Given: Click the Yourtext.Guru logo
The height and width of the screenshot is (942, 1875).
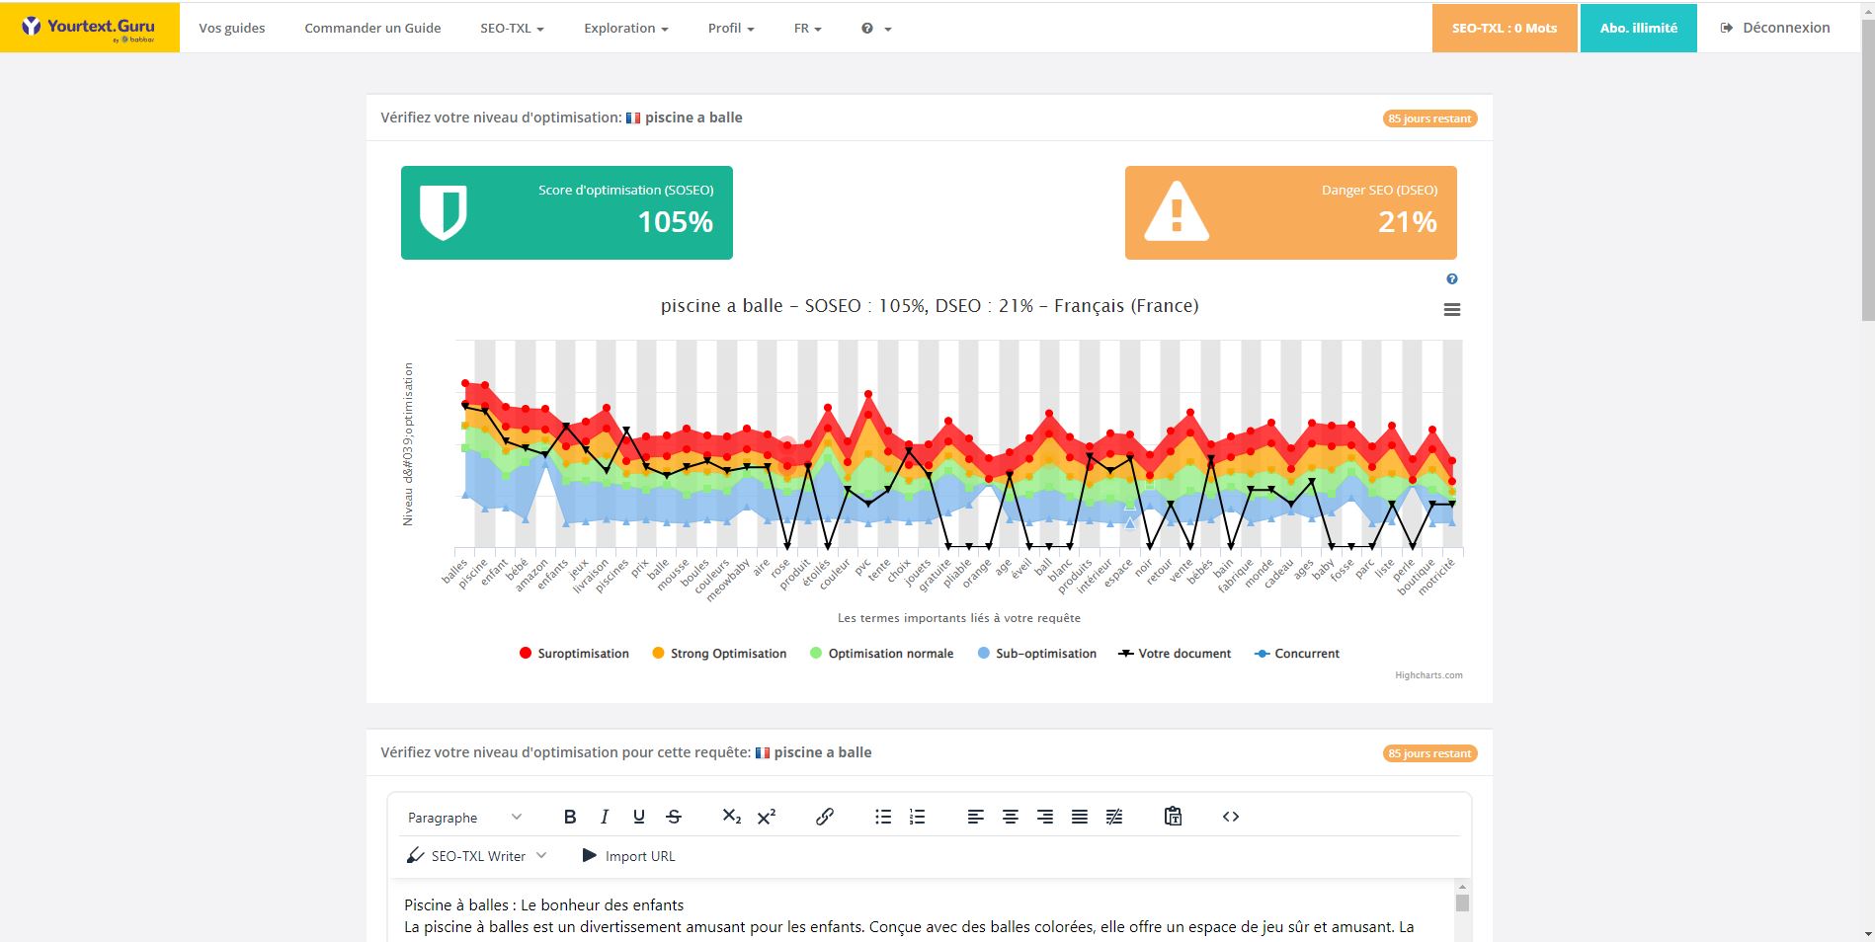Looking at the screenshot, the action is tap(89, 28).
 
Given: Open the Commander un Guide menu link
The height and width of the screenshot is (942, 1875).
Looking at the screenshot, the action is tap(372, 28).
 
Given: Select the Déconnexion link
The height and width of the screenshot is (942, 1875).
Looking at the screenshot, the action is tap(1775, 28).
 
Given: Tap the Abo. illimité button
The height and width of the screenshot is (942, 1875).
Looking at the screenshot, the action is tap(1638, 28).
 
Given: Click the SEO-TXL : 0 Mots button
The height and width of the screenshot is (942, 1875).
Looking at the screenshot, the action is tap(1504, 28).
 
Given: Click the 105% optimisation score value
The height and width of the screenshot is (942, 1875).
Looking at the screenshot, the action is tap(676, 222).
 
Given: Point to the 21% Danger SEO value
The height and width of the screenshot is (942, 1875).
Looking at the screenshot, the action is tap(1408, 222).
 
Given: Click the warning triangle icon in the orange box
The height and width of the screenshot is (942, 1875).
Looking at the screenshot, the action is tap(1176, 211).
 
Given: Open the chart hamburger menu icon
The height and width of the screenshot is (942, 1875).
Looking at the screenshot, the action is tap(1452, 310).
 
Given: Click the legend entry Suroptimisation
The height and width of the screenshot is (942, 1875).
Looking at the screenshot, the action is tap(574, 654).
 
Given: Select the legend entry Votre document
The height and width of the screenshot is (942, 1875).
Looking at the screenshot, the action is tap(1175, 654).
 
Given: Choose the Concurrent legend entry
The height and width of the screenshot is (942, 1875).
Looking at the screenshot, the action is tap(1297, 654).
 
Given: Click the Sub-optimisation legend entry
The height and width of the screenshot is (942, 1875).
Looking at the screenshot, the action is tap(1037, 654).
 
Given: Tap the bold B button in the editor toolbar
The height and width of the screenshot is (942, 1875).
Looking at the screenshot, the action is tap(570, 817).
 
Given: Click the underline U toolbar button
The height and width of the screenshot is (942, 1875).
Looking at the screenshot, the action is tap(639, 817).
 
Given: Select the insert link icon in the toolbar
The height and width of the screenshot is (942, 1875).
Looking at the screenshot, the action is tap(825, 817).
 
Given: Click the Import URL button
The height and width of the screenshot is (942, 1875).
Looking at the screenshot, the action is tap(629, 856).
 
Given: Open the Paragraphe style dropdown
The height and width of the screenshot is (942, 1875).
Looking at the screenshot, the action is tap(464, 818).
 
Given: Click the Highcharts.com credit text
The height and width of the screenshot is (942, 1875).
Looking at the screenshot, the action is tap(1428, 675).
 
